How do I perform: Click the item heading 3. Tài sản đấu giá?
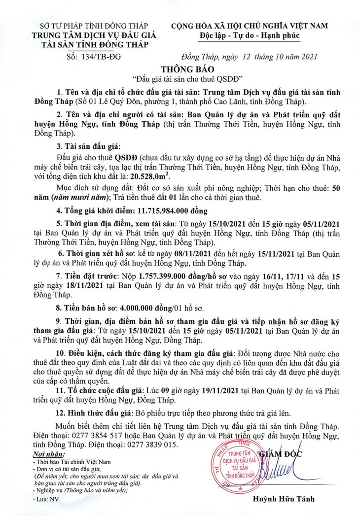pos(85,147)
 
